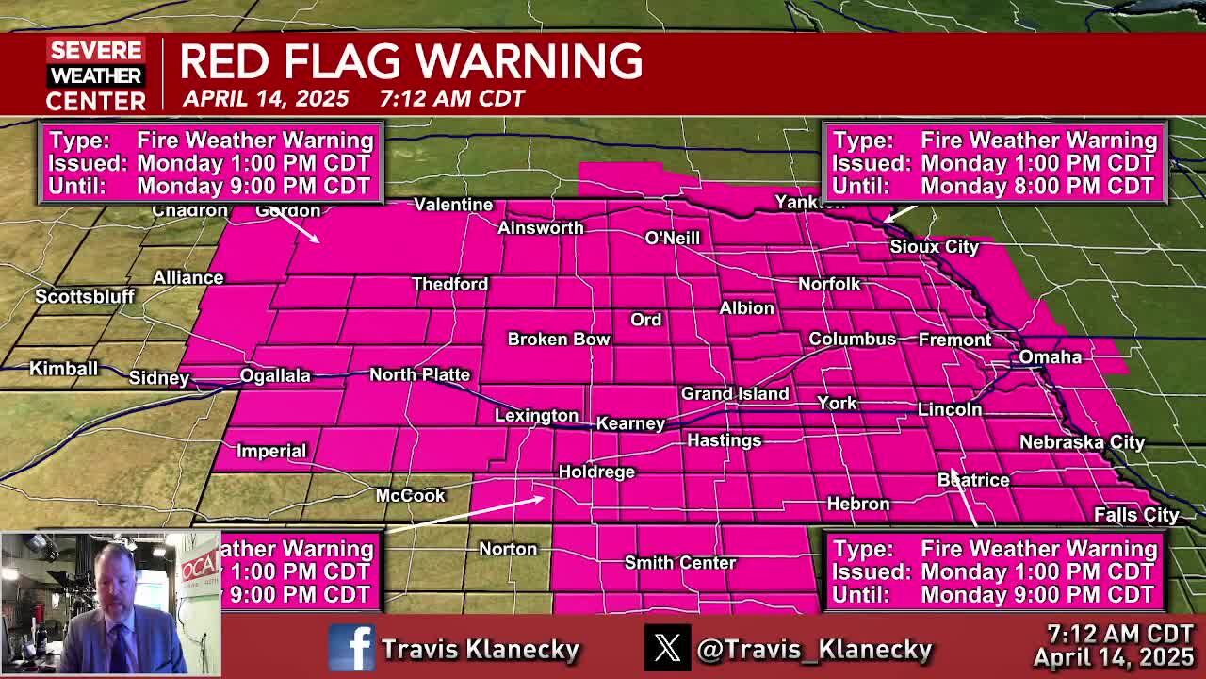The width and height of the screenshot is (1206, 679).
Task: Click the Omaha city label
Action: pyautogui.click(x=1050, y=356)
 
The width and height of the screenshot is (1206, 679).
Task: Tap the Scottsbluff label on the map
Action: pyautogui.click(x=85, y=296)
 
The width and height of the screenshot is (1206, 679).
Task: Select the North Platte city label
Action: pyautogui.click(x=419, y=374)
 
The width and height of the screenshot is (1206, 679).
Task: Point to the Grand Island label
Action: pyautogui.click(x=735, y=393)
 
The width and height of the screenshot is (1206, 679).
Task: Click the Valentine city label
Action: pyautogui.click(x=453, y=205)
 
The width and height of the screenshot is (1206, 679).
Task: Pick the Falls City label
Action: pyautogui.click(x=1136, y=515)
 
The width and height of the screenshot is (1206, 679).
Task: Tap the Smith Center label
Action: pyautogui.click(x=679, y=563)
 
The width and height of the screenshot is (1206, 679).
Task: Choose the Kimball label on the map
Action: pyautogui.click(x=63, y=368)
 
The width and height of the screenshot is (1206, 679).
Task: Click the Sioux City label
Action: pyautogui.click(x=935, y=246)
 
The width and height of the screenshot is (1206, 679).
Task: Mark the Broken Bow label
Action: pyautogui.click(x=559, y=339)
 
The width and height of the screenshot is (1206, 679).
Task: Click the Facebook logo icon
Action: pyautogui.click(x=351, y=649)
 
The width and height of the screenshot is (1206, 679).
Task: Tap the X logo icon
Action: pyautogui.click(x=667, y=649)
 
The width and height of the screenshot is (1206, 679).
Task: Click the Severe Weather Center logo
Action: pyautogui.click(x=96, y=75)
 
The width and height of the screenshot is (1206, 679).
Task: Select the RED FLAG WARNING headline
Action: pyautogui.click(x=411, y=61)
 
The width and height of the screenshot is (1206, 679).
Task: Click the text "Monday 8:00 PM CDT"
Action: pyautogui.click(x=1037, y=186)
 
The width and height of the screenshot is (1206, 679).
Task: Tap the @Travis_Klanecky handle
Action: pyautogui.click(x=814, y=649)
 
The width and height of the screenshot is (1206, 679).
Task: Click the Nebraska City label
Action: pyautogui.click(x=1082, y=442)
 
